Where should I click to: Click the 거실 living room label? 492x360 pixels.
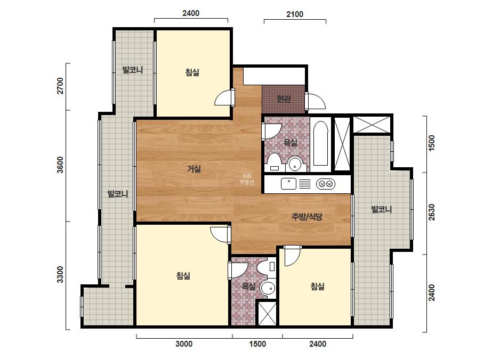tap(194, 169)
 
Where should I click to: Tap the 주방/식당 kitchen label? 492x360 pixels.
tap(307, 217)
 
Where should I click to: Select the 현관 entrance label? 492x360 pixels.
tap(284, 99)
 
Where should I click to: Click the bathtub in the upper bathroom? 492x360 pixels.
tap(321, 143)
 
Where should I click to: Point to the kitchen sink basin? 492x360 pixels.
tap(288, 183)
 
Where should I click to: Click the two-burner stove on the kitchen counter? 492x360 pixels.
tap(325, 184)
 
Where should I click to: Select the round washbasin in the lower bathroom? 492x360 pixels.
tap(268, 288)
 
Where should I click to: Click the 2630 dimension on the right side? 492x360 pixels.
tap(432, 212)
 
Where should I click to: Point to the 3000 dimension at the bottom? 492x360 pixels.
tap(184, 344)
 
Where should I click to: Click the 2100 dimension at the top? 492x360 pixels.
tap(295, 14)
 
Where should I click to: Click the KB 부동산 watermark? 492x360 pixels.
tap(247, 179)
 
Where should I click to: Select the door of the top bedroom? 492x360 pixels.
tap(224, 97)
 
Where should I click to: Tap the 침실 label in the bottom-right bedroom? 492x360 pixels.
tap(317, 287)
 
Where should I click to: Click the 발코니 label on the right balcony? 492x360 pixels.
tap(381, 209)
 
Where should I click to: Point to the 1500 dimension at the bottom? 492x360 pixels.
tap(257, 344)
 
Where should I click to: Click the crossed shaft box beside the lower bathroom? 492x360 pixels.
tap(268, 314)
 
